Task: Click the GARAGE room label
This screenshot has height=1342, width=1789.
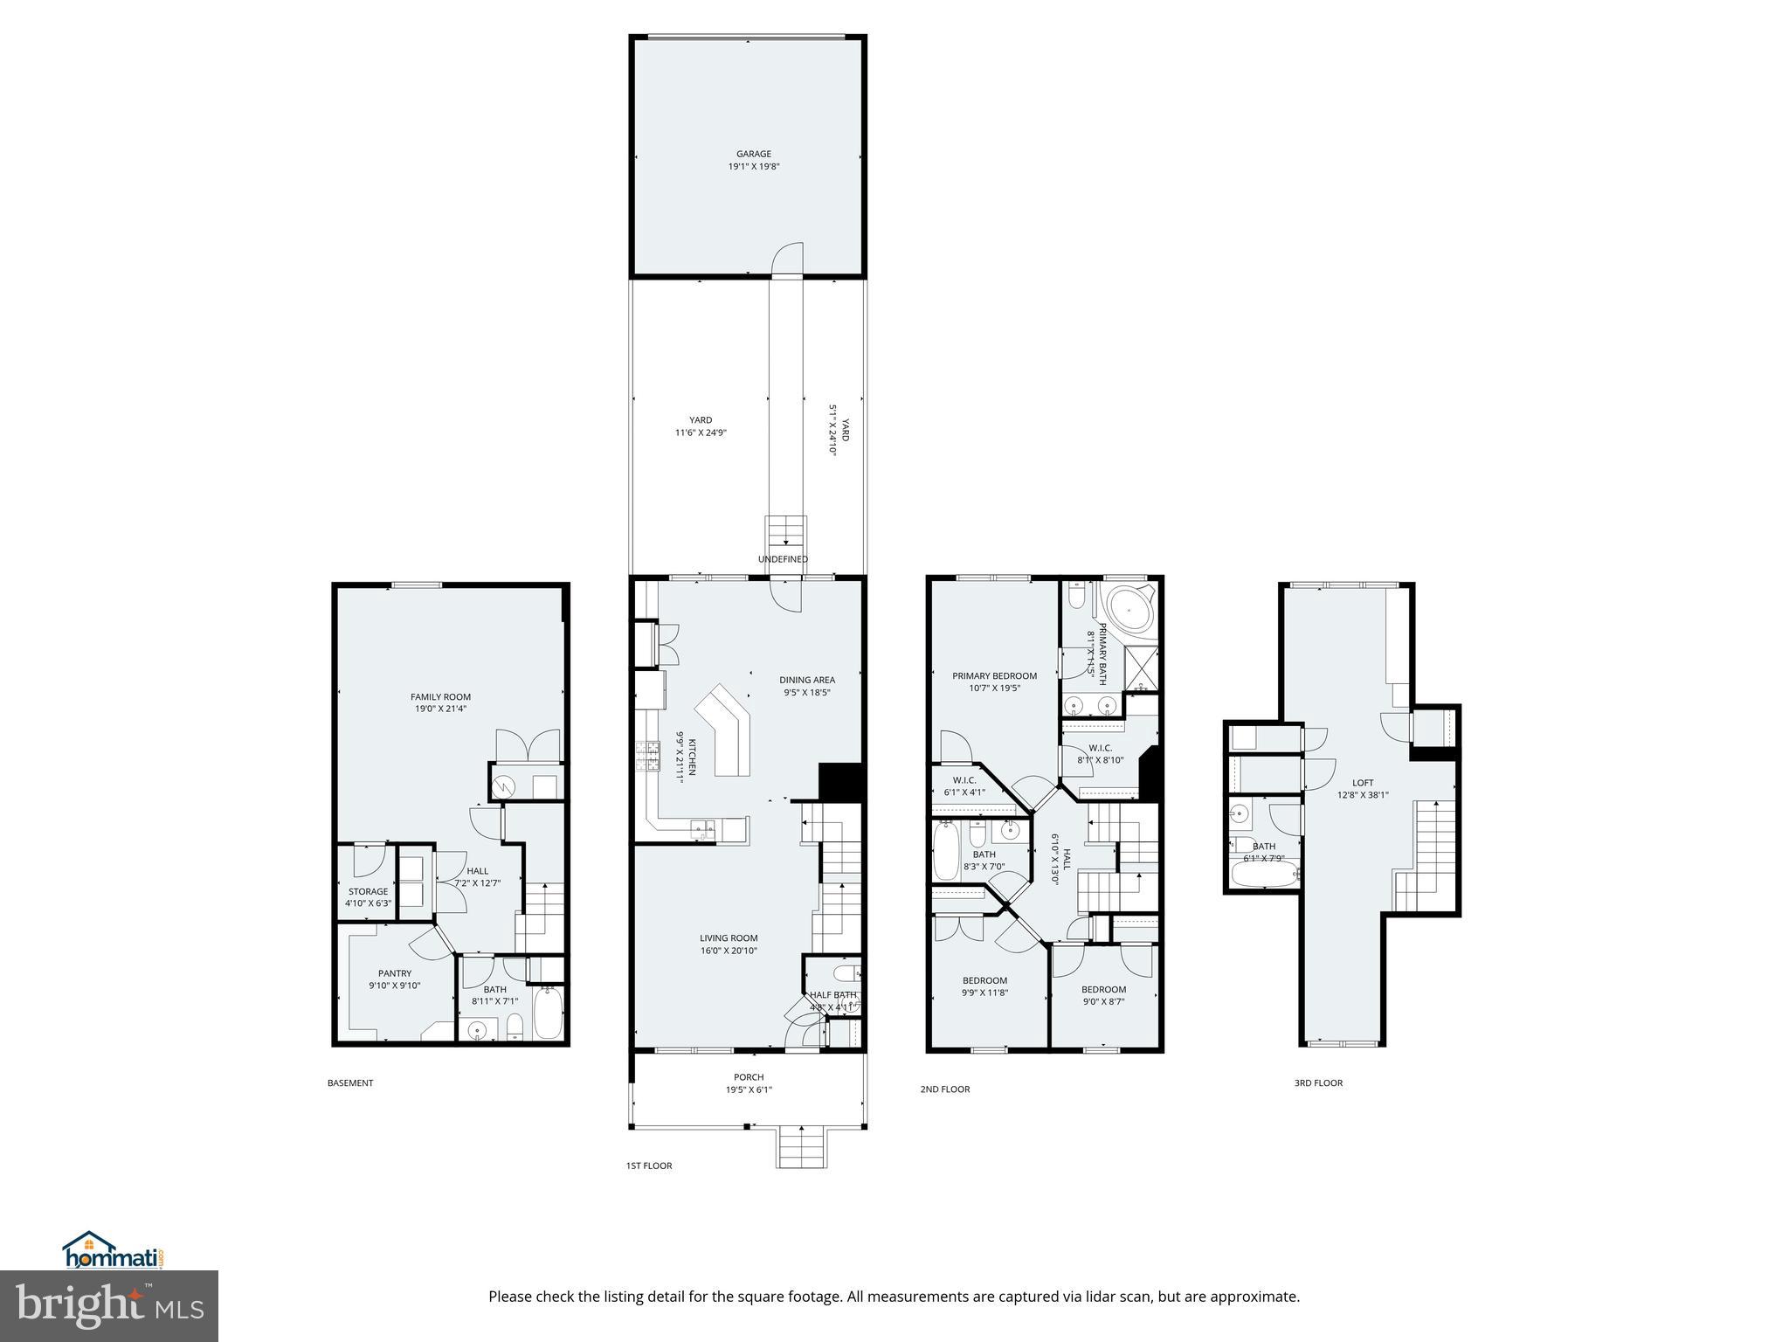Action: (x=753, y=154)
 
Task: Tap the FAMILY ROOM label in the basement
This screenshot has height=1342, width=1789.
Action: (x=440, y=697)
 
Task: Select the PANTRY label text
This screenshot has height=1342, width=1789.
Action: (x=394, y=973)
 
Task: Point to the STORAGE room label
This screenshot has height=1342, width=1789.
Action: (x=367, y=892)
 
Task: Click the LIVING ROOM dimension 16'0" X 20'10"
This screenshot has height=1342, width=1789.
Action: (x=728, y=951)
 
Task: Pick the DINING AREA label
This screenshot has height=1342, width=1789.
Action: (x=806, y=680)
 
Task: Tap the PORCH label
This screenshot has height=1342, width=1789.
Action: (x=749, y=1077)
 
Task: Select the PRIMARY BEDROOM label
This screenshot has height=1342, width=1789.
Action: (x=994, y=675)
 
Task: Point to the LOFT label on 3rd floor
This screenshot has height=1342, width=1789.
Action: (x=1362, y=783)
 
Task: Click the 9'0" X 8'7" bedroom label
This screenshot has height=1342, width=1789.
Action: (x=1103, y=1001)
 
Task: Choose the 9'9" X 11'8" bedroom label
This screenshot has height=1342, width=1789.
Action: (x=984, y=992)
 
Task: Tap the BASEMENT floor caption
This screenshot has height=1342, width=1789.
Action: (x=349, y=1083)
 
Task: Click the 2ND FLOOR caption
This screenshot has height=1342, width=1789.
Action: (x=944, y=1090)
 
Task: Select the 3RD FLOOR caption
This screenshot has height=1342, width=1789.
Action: (x=1317, y=1083)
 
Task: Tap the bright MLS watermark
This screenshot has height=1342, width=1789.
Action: (x=109, y=1305)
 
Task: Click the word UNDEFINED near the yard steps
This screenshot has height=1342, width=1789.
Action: (x=782, y=559)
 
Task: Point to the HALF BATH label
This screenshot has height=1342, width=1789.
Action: (x=832, y=995)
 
